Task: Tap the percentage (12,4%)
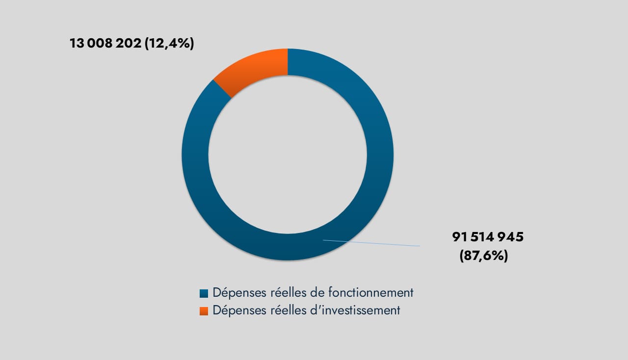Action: pos(168,43)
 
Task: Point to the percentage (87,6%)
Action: pos(483,256)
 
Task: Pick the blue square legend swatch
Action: pos(204,293)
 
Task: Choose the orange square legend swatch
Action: pos(204,311)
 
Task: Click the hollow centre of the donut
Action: pos(288,154)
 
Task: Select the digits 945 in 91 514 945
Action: pos(511,237)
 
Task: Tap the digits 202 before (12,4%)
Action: pos(129,43)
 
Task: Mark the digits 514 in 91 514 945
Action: pos(483,237)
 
